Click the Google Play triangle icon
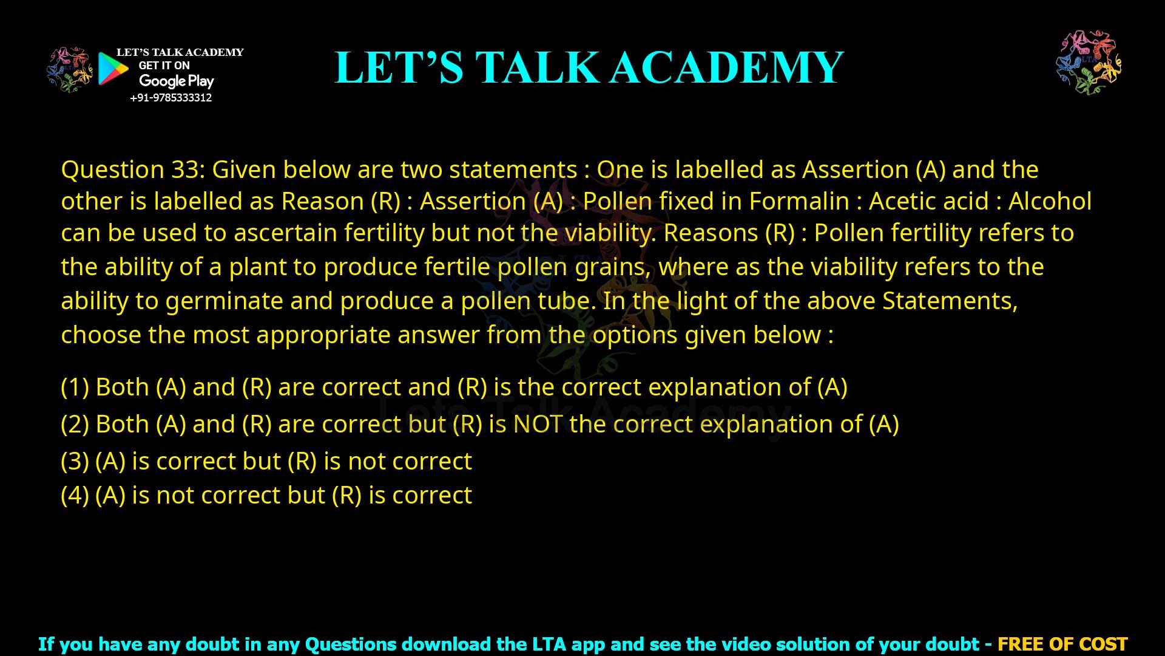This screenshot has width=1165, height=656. [113, 69]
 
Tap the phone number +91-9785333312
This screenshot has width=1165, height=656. [171, 98]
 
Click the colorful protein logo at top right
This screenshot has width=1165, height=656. [1089, 62]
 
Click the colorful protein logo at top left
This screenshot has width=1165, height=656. [69, 70]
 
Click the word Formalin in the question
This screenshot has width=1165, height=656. [799, 201]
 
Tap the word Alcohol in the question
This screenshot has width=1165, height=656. [1050, 201]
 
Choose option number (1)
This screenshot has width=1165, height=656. [75, 387]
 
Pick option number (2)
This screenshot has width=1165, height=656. [75, 424]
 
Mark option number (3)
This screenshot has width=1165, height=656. [75, 461]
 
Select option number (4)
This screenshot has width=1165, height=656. [75, 495]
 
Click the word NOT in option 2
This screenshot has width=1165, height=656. [538, 424]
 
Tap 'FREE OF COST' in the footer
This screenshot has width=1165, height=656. [1062, 644]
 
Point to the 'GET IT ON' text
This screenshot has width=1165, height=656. [164, 66]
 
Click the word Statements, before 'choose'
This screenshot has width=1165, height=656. [950, 301]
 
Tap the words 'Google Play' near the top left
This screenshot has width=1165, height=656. [176, 81]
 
